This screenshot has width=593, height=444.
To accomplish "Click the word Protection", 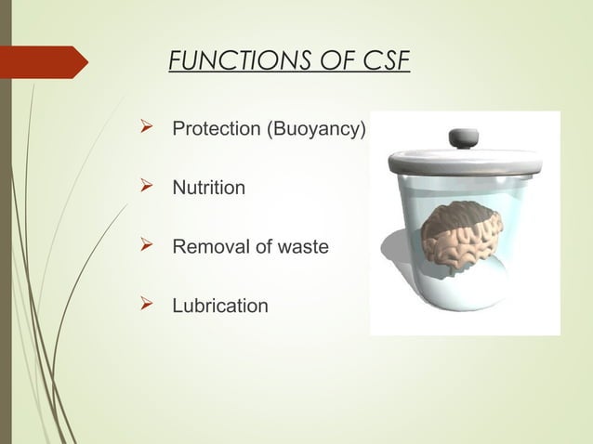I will point(217,129).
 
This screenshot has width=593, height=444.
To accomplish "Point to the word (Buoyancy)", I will point(317,129).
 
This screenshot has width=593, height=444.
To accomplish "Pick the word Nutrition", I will point(209,189).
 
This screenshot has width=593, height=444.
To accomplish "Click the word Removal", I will point(206,247).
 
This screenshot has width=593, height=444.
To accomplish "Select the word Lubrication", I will point(220,306).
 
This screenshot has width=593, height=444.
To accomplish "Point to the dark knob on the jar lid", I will point(462,137).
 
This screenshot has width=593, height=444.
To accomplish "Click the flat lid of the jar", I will point(462,162).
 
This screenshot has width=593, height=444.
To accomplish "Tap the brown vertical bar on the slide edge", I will point(5,222).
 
